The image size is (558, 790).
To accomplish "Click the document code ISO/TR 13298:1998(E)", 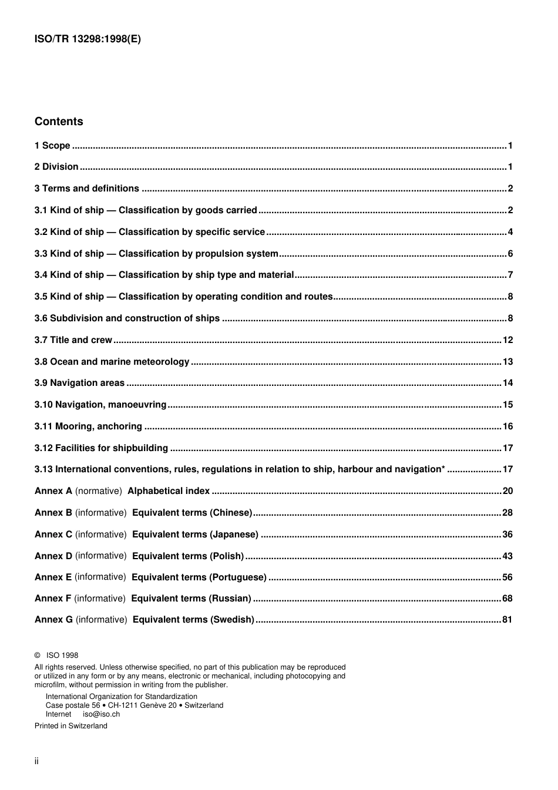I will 88,39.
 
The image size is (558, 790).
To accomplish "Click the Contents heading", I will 59,122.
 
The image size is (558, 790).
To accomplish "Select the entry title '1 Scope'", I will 52,146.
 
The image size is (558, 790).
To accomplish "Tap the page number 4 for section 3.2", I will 510,232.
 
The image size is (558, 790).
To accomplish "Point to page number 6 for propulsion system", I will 510,254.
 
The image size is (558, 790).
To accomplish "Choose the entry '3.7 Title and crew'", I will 73,340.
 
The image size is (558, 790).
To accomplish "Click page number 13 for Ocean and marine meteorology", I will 507,362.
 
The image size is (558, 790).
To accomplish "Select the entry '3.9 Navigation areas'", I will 79,383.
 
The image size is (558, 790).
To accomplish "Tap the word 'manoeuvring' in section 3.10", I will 139,405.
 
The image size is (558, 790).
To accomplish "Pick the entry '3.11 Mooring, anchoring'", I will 88,426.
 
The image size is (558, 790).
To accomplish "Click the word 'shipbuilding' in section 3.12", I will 140,448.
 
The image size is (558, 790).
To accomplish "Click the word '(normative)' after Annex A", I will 99,491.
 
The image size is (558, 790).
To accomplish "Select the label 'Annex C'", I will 53,534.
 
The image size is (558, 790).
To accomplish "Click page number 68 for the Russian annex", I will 507,599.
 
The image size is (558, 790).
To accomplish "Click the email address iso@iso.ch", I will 101,714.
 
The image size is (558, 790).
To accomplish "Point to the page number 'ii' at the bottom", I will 36,761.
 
